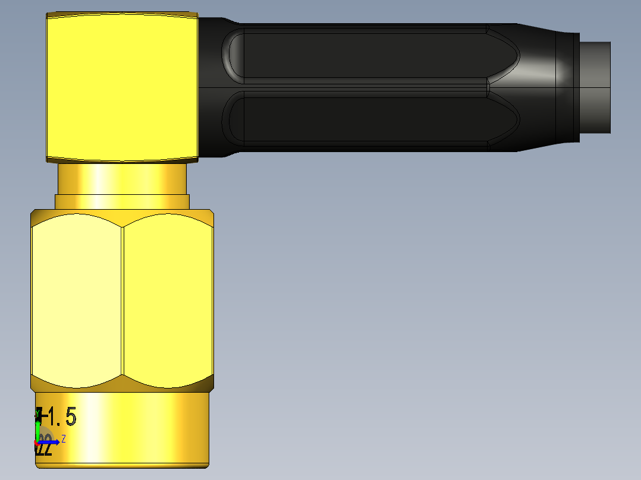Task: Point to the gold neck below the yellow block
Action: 122,178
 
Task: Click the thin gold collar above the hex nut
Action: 122,201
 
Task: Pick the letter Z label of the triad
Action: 63,438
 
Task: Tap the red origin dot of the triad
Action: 37,443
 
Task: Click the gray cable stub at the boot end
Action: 595,87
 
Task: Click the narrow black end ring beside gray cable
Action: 567,87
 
